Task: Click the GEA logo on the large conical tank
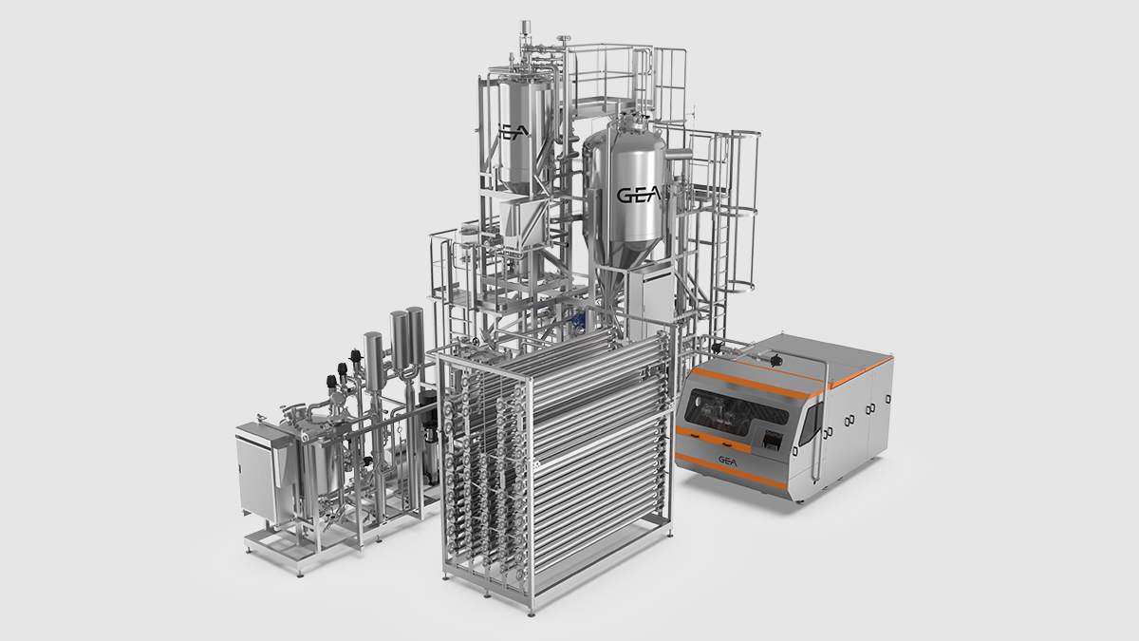(x=639, y=195)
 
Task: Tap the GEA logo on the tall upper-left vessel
(x=513, y=132)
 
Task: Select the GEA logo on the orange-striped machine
(x=728, y=461)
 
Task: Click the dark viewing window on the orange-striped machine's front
(x=737, y=408)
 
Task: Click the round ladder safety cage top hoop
(x=745, y=134)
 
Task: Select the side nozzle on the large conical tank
(x=679, y=154)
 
